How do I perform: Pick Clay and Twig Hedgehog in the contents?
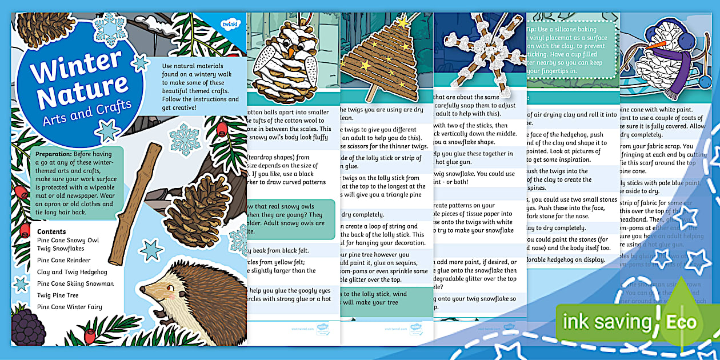pyautogui.click(x=73, y=272)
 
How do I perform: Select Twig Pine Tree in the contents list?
pyautogui.click(x=58, y=295)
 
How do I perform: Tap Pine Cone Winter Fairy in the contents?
pyautogui.click(x=70, y=307)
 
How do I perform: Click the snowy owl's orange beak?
pyautogui.click(x=290, y=51)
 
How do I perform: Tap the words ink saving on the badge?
pyautogui.click(x=607, y=322)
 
